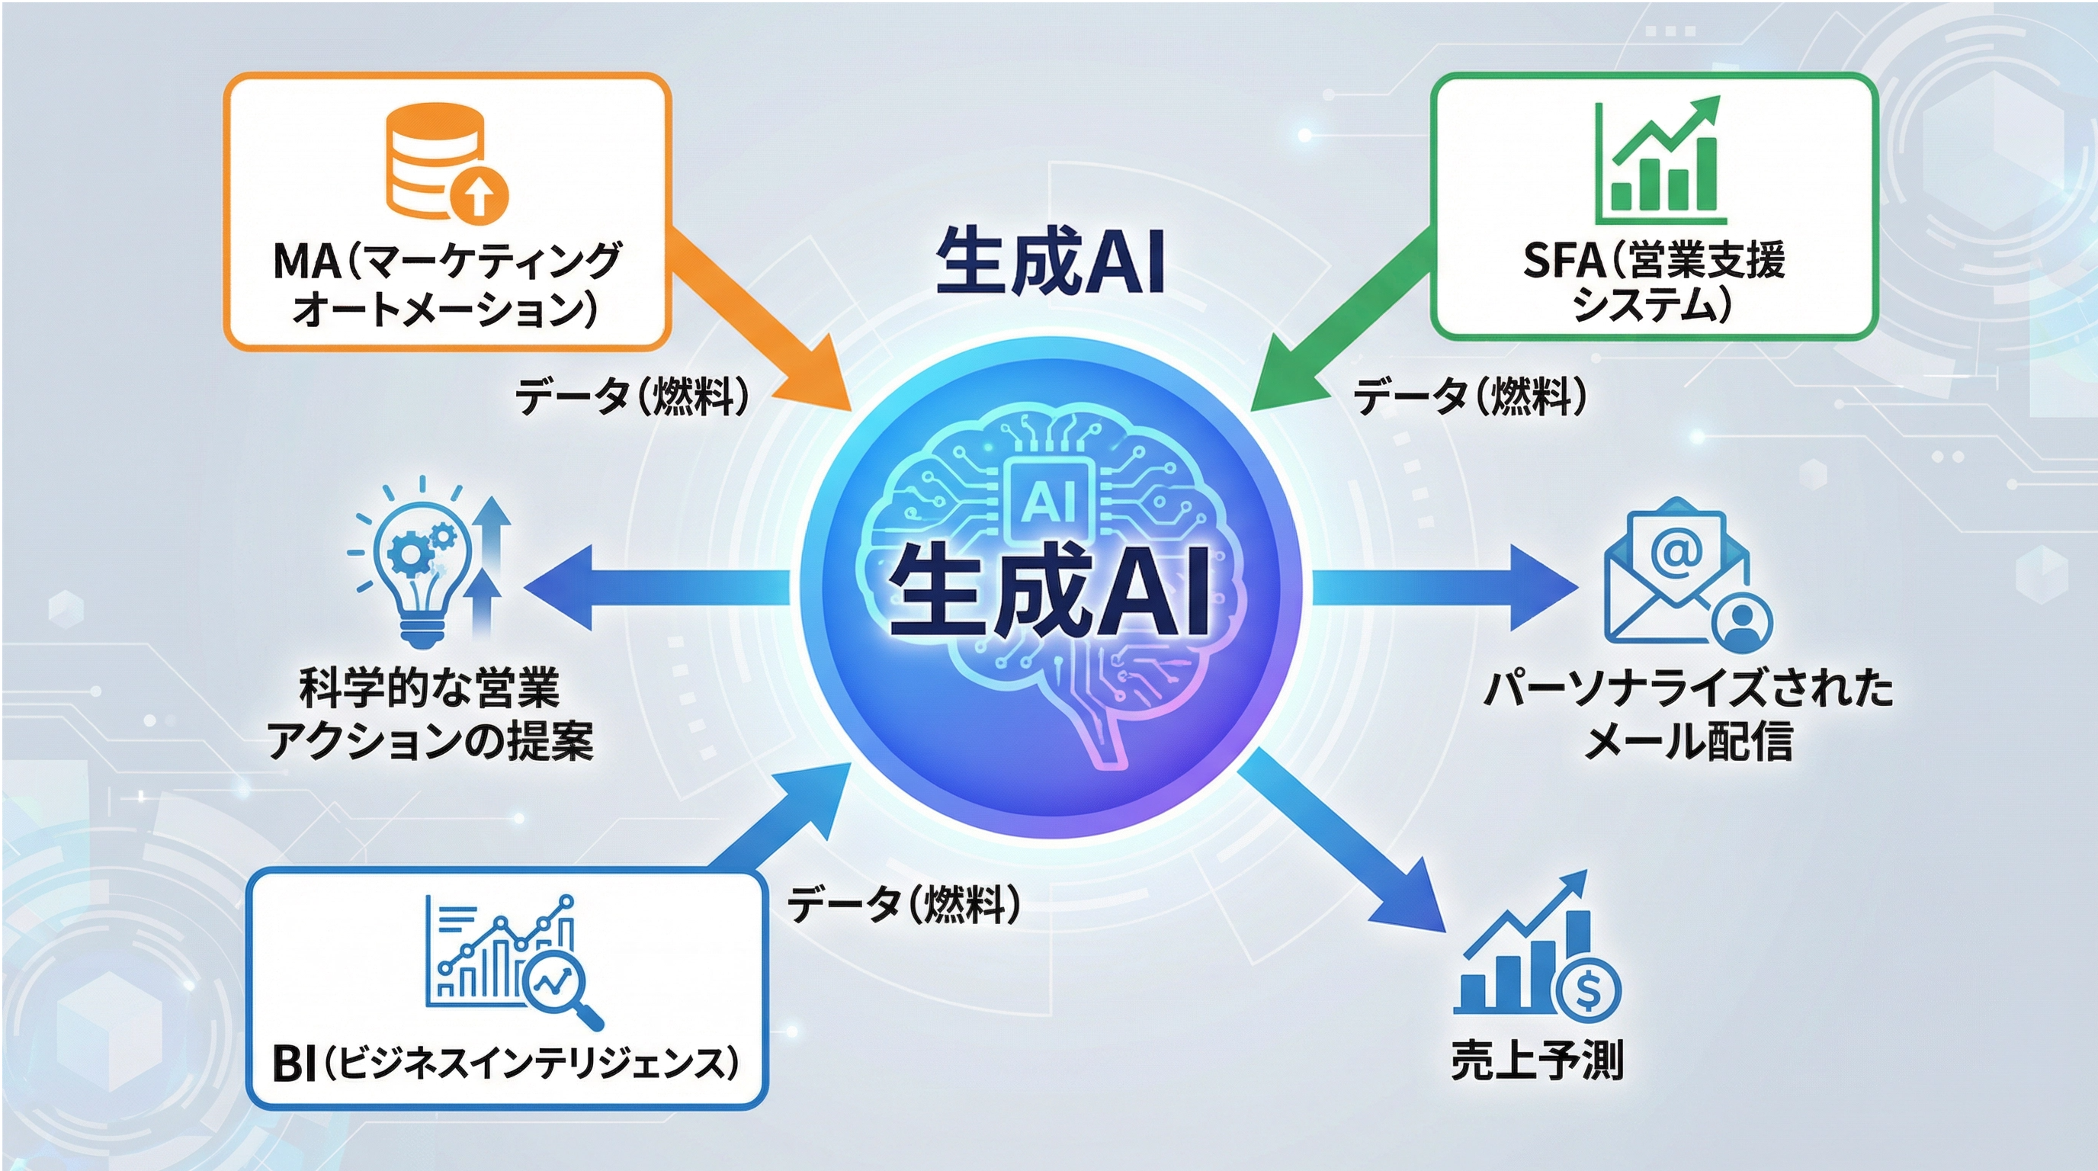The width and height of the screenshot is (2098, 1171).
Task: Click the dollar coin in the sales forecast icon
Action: coord(1587,990)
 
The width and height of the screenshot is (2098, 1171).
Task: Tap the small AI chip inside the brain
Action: coord(1049,499)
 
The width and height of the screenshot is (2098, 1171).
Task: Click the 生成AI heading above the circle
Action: coord(1051,261)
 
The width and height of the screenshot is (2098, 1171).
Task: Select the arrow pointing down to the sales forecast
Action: coord(1344,847)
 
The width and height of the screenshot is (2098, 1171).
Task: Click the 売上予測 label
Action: coord(1537,1061)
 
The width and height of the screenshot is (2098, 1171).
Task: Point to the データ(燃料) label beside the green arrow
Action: coord(1470,397)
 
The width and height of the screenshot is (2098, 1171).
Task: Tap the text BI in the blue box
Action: coord(294,1064)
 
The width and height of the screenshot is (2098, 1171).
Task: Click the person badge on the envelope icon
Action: coord(1742,624)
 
